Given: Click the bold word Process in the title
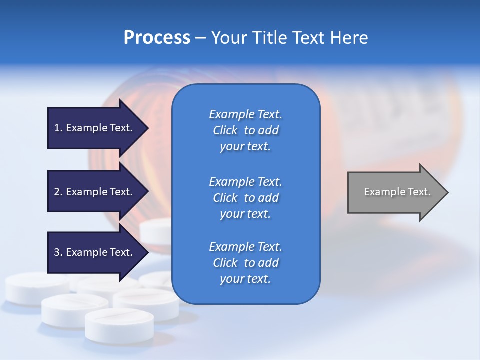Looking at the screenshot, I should tap(157, 38).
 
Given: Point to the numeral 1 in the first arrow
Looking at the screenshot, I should tap(57, 128).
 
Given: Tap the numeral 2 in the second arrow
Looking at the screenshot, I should tap(57, 192).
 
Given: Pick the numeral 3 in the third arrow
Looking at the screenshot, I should tap(57, 252).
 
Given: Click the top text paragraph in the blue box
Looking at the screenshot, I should tap(245, 130).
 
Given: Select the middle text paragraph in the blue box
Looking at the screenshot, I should tap(245, 198).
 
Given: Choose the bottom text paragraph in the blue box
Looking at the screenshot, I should tap(245, 263).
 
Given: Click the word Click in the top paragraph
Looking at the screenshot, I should tap(225, 130).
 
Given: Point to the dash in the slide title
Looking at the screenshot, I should tap(201, 38).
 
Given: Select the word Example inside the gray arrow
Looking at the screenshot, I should tap(381, 192).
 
